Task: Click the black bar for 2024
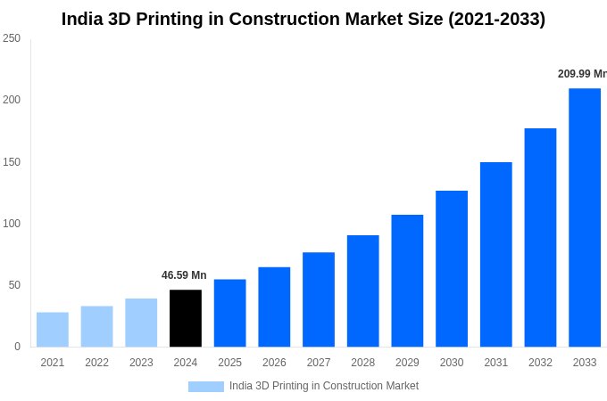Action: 186,318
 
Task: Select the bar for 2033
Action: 585,217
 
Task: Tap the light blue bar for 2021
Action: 53,330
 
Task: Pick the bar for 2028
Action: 363,291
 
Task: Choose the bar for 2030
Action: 452,269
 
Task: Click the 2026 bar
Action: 274,307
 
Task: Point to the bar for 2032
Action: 540,238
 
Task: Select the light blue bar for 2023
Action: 141,323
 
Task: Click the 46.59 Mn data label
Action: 184,275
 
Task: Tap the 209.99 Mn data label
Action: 582,74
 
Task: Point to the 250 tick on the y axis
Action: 12,38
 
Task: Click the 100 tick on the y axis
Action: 12,223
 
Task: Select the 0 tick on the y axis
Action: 17,347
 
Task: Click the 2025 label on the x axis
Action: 229,363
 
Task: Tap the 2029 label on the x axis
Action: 407,363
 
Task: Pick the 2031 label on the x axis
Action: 495,363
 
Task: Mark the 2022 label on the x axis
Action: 96,363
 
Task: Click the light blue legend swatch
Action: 205,387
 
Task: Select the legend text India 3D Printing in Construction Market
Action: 324,386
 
